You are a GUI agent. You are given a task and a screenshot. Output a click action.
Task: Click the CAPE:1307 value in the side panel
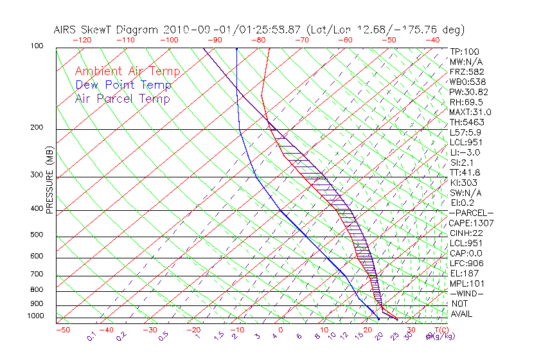(471, 223)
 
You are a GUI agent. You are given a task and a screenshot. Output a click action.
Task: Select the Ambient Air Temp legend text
(127, 71)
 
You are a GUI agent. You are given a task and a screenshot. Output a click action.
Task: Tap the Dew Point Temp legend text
(123, 85)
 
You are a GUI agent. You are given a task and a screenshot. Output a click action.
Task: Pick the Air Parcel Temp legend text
(122, 98)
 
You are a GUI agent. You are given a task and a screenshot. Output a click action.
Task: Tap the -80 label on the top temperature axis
(258, 40)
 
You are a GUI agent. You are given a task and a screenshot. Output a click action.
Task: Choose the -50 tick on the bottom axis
(62, 330)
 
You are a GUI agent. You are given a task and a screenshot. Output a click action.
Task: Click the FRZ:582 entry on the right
(467, 71)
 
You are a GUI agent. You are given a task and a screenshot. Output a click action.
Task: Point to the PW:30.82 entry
(469, 92)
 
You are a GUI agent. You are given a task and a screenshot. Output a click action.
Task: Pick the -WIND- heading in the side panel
(466, 293)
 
